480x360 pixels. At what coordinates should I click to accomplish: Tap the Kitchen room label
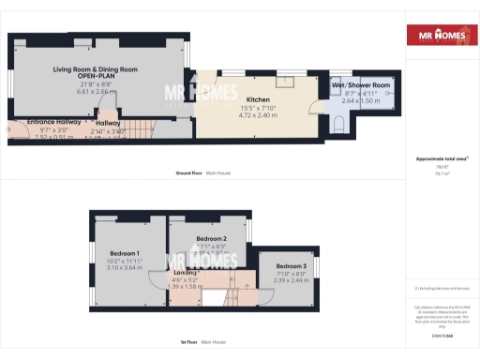(258, 98)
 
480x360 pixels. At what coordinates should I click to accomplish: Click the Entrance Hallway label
(51, 122)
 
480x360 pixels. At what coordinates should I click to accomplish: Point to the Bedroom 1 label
(124, 253)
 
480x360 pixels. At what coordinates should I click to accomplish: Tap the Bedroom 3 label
(291, 265)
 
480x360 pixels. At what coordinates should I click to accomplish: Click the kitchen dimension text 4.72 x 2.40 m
(258, 115)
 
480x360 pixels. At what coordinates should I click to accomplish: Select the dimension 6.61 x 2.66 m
(96, 92)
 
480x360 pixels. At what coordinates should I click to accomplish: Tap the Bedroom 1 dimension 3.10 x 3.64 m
(124, 268)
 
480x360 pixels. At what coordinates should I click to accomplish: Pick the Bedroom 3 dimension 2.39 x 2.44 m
(291, 280)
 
